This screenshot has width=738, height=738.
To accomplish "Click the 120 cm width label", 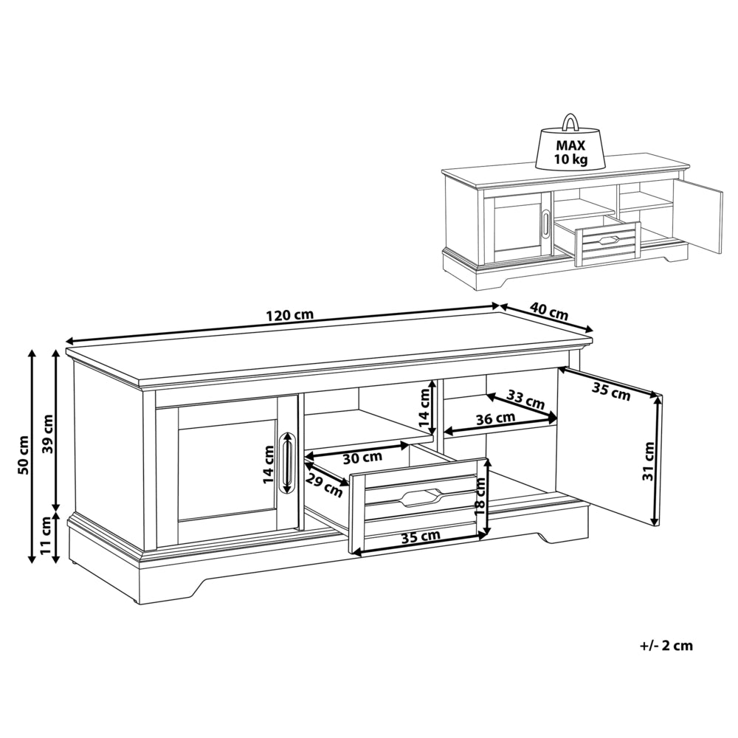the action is point(289,315).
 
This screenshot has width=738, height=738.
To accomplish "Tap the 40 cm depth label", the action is point(549,311).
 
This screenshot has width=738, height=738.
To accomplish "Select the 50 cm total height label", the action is point(23,455).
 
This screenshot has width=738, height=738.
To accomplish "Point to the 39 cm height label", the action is point(47,434).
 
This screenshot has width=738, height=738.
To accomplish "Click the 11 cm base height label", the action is point(46,536).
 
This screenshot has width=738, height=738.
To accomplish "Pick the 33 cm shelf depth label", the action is point(525,399).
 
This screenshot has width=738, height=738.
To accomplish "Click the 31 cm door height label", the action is point(649,461).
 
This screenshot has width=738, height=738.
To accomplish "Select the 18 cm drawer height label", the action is point(480,497).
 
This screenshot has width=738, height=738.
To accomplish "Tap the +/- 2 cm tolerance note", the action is point(666,645).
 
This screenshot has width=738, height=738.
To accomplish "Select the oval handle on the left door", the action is point(286,463).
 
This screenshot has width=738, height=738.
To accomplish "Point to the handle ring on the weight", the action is point(570,122).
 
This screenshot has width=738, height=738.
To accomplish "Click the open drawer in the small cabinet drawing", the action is point(599,240).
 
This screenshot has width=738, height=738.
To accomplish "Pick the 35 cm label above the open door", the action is point(611,392).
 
